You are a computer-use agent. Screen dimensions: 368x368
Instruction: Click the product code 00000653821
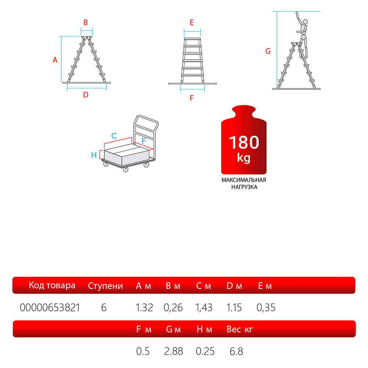coord(50,307)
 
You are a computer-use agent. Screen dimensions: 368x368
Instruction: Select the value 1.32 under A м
coord(144,307)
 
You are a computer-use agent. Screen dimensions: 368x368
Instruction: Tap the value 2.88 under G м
coord(173,351)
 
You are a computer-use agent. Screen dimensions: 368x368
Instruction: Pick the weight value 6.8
coord(236,351)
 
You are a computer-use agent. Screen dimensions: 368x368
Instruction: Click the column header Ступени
coord(105,286)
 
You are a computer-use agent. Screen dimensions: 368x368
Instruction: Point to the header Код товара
coord(52,286)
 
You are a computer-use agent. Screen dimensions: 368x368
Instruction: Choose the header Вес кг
coord(240,329)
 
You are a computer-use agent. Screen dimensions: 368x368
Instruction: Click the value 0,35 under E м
coord(266,307)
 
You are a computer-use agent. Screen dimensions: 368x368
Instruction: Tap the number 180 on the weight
coord(244,142)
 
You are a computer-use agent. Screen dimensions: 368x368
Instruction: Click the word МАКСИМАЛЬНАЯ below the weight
coord(244,180)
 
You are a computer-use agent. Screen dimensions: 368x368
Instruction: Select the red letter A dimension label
coord(55,60)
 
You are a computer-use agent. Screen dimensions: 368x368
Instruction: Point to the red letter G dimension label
coord(268,51)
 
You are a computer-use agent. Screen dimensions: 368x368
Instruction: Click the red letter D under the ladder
coord(86,95)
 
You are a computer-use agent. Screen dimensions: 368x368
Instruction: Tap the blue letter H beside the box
coord(94,155)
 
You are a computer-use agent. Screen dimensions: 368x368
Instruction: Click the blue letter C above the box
coord(114,136)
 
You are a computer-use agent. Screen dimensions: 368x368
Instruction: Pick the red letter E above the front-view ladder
coord(192,22)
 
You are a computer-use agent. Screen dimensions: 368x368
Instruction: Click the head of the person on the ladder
coord(305,22)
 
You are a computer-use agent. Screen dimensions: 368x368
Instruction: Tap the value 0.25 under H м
coord(205,351)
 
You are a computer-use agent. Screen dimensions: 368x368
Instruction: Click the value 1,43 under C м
coord(204,307)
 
